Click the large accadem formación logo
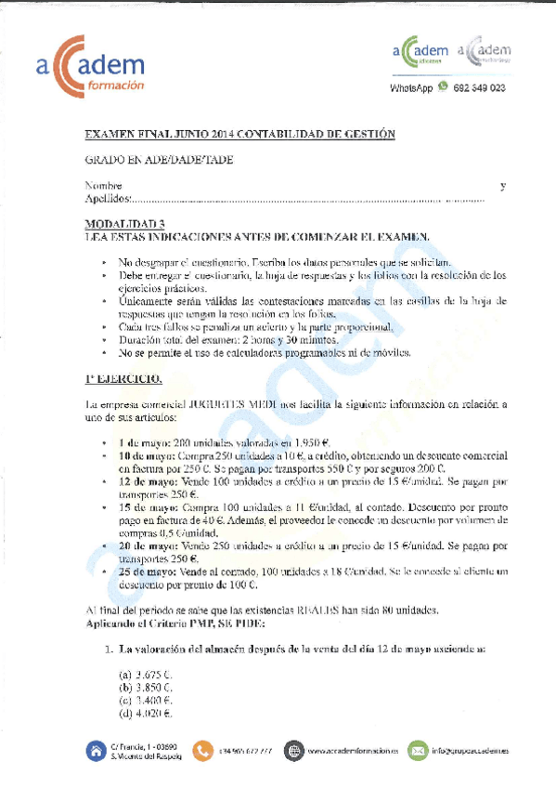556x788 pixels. (x=90, y=66)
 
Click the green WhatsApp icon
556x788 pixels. (x=443, y=87)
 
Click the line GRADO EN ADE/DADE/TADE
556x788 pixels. (x=159, y=161)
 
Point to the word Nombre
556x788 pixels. (x=103, y=187)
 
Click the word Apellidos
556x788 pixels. (x=108, y=199)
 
